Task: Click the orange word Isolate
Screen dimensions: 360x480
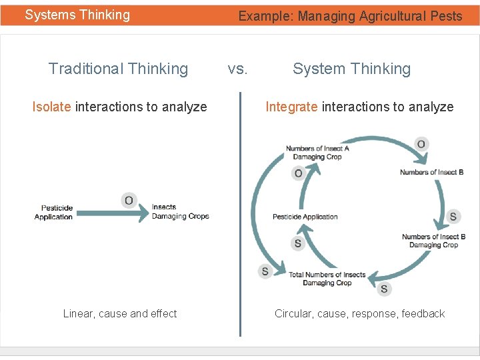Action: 51,107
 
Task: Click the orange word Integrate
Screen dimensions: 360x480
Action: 291,107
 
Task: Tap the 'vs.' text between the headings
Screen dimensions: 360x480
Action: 237,69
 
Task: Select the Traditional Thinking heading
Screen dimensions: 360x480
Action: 118,69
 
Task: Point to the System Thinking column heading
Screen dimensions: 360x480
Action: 351,69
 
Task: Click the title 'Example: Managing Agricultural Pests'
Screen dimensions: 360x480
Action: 350,16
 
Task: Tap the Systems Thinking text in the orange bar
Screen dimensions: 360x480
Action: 77,15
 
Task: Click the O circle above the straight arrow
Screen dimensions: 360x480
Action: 129,200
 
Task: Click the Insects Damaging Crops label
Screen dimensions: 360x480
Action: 180,211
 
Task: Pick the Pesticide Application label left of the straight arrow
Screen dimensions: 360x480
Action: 54,212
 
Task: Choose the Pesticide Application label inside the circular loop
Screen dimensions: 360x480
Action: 305,217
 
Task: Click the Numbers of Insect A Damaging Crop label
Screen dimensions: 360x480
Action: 317,153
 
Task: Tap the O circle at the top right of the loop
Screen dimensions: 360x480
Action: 421,144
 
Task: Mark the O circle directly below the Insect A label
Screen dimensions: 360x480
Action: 298,173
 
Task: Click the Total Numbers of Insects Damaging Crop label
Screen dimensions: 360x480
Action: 327,279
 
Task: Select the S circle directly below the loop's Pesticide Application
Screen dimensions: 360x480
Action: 298,243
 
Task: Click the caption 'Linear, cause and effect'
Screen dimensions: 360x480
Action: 120,313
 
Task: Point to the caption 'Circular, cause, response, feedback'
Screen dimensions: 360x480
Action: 359,313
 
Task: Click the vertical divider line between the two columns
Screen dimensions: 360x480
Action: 240,213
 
